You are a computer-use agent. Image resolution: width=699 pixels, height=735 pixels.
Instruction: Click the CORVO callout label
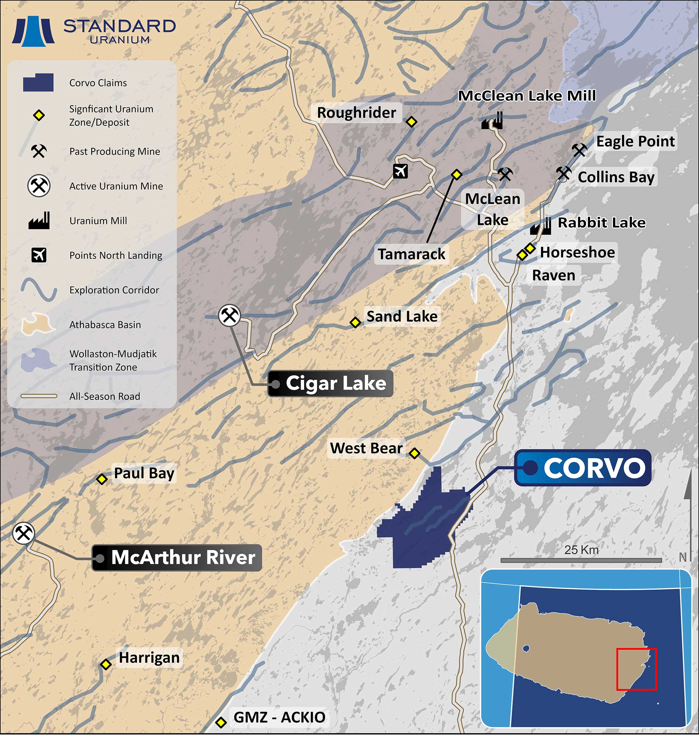(582, 468)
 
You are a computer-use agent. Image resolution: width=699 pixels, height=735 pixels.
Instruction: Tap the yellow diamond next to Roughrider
(411, 122)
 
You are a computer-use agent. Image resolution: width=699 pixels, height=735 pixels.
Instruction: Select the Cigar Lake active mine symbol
(229, 316)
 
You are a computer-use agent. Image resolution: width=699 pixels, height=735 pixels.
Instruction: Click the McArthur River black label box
(176, 558)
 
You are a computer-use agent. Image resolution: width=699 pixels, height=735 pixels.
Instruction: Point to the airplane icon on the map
(401, 171)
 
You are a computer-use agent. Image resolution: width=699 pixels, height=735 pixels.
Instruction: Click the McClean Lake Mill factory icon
(492, 121)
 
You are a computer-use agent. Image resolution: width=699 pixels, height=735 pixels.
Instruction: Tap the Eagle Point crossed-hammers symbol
(579, 150)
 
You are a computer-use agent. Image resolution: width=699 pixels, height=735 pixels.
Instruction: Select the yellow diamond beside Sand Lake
(355, 322)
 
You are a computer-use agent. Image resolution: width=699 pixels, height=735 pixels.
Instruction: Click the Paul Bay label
(144, 474)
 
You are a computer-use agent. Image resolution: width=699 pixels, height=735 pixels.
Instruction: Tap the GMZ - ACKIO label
(279, 717)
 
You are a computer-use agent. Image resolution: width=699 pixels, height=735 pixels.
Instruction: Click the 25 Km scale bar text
(581, 550)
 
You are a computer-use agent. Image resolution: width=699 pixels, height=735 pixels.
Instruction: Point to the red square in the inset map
(636, 669)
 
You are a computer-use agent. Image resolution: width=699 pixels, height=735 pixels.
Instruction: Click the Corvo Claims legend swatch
(38, 83)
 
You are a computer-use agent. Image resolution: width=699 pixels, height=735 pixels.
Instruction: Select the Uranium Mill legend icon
(39, 221)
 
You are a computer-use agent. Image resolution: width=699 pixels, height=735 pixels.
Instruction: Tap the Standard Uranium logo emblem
(33, 32)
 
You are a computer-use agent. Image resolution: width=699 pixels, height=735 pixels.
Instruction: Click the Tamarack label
(411, 254)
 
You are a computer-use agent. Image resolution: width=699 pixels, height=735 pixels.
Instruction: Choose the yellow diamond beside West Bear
(415, 453)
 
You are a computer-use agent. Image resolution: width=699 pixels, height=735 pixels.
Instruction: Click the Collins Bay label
(616, 177)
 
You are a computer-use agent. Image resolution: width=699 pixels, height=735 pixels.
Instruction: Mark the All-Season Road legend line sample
(39, 396)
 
